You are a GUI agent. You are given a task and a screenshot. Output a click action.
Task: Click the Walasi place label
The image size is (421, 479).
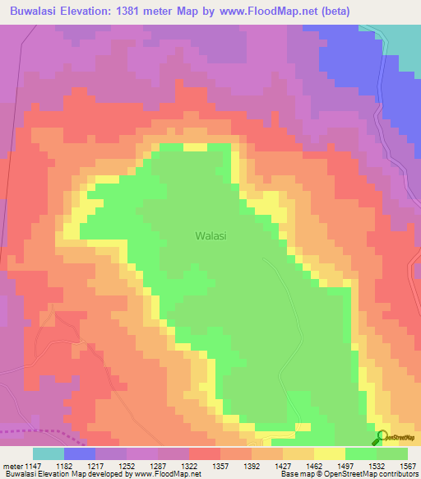click(x=210, y=235)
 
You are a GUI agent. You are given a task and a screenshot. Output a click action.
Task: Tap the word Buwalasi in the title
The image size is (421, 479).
click(x=38, y=11)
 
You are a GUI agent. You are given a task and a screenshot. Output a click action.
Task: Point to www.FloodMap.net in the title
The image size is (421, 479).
click(x=279, y=11)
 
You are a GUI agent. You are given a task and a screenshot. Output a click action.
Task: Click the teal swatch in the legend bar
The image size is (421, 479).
click(x=49, y=453)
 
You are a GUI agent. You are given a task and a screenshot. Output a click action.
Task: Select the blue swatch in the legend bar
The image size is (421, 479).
click(x=80, y=453)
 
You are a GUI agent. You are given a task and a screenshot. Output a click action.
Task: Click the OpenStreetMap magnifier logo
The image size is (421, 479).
click(x=381, y=437)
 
